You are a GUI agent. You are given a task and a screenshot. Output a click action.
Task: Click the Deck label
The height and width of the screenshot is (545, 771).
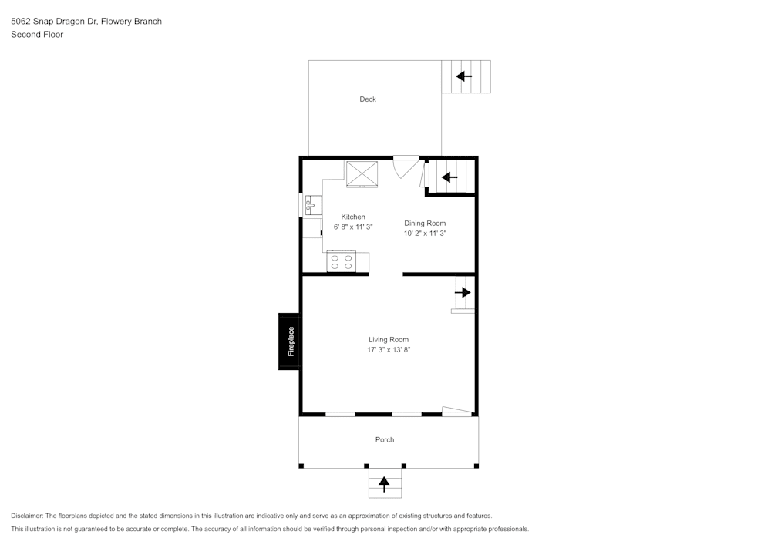[367, 99]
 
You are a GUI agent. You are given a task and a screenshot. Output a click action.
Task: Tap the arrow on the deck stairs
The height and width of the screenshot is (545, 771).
[463, 76]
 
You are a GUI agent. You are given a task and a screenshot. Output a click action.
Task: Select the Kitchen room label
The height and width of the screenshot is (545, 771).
[353, 217]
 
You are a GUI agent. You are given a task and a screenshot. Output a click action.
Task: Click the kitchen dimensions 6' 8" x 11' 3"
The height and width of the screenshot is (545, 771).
[353, 227]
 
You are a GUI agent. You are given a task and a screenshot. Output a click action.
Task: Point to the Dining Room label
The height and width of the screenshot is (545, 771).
[425, 223]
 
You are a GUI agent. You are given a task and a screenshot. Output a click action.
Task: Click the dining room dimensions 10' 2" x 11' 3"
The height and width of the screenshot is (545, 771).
[425, 234]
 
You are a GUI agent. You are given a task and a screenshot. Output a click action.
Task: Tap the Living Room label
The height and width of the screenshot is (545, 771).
[389, 340]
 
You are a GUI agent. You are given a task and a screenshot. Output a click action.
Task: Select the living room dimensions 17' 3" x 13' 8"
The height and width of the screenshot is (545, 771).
[389, 350]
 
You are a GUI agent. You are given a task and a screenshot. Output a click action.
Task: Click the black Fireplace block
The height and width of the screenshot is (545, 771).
[290, 341]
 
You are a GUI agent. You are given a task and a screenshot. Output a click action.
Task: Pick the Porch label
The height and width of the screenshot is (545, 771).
[385, 440]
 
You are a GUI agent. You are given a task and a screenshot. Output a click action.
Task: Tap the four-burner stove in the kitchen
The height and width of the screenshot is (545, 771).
[342, 261]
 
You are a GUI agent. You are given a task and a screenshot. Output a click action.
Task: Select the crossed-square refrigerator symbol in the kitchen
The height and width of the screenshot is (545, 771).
[362, 174]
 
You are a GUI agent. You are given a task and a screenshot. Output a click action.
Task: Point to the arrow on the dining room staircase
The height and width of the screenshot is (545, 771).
[449, 177]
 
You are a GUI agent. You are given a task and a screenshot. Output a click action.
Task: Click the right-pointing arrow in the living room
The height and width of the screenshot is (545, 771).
[463, 292]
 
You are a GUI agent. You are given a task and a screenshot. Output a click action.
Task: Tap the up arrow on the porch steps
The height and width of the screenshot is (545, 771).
[384, 484]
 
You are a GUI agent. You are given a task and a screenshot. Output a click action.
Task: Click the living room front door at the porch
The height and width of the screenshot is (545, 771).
[457, 412]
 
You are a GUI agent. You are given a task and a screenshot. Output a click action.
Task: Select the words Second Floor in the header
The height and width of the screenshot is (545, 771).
[37, 35]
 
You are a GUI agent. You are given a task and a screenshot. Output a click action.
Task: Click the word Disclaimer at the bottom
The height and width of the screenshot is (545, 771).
[26, 516]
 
